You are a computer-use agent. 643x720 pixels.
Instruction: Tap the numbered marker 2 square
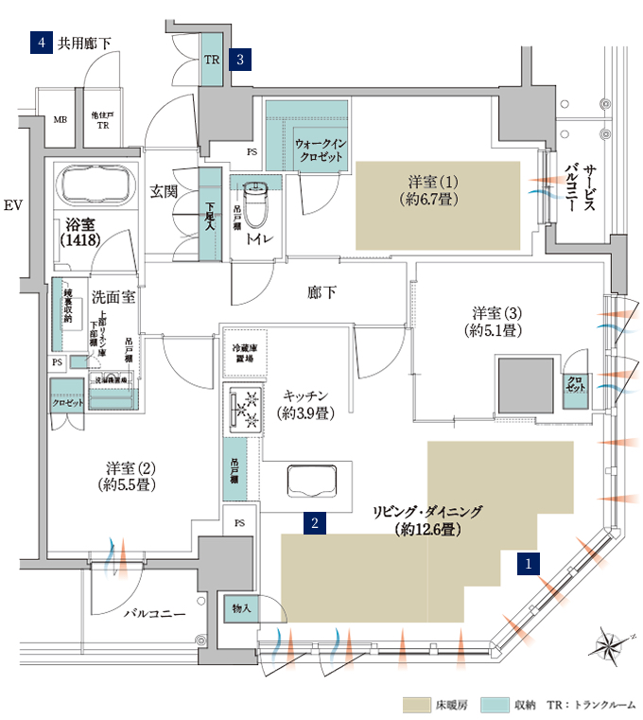[x=313, y=520]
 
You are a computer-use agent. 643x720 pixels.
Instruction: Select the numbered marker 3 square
[x=242, y=59]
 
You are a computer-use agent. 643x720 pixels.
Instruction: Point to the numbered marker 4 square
[x=40, y=43]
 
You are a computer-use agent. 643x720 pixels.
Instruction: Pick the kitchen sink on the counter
[x=310, y=483]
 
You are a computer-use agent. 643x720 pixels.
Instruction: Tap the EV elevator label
[x=12, y=205]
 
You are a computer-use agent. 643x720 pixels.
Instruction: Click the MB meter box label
[x=60, y=120]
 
